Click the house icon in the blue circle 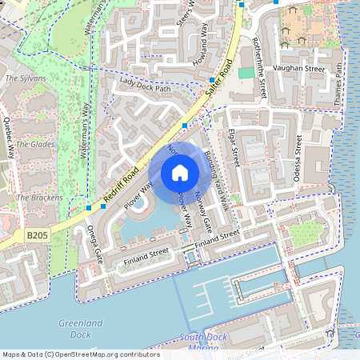pyautogui.click(x=180, y=173)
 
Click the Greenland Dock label pyautogui.click(x=80, y=329)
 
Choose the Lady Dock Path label pyautogui.click(x=145, y=85)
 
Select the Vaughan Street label pyautogui.click(x=298, y=70)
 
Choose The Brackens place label pyautogui.click(x=34, y=197)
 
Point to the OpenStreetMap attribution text pyautogui.click(x=80, y=354)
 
